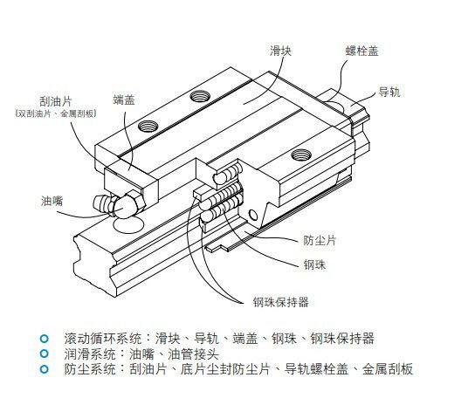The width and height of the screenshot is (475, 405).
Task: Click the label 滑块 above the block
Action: tap(280, 51)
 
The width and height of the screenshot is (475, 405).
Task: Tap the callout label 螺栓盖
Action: tap(362, 51)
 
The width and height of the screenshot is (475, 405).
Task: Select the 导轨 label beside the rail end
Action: tap(389, 92)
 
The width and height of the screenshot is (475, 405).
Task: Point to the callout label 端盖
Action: tap(124, 100)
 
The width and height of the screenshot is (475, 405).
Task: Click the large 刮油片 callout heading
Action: tap(56, 101)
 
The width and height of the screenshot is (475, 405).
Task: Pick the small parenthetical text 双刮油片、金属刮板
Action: tap(56, 113)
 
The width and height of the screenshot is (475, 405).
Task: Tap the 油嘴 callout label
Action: tap(52, 201)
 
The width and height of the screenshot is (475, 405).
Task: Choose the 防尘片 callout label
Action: tap(320, 241)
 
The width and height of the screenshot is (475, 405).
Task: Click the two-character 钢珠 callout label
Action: tap(314, 264)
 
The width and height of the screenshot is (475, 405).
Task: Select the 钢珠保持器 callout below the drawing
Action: tap(281, 302)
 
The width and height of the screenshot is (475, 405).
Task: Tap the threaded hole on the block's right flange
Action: tap(301, 155)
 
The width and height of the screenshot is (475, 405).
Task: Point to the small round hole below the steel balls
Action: tap(253, 215)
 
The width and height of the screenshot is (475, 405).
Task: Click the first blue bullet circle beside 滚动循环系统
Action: tap(45, 339)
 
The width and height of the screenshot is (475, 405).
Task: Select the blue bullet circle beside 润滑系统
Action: tap(45, 354)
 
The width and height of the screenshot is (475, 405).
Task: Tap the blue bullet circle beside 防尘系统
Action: tap(45, 369)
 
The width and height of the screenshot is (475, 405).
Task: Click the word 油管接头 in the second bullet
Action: tap(193, 354)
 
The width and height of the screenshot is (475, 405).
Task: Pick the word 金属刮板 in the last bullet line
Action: tap(388, 369)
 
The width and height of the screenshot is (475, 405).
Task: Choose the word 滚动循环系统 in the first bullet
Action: tap(102, 339)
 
